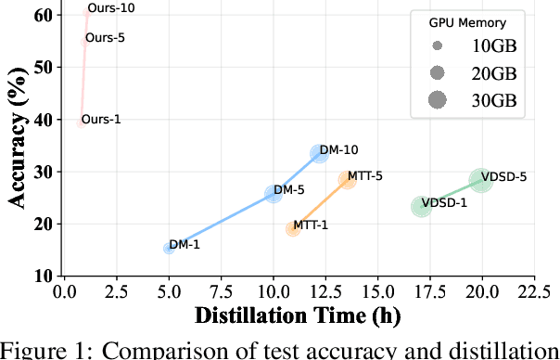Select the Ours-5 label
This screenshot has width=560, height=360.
pos(105,38)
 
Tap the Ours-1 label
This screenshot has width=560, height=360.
pos(100,120)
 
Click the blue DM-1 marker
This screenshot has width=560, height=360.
pos(169,248)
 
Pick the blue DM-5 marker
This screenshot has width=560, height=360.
pos(274,194)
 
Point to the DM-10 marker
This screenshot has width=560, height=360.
pos(320,153)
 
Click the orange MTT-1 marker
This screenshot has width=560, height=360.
pos(293,228)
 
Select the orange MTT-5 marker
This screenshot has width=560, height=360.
pos(347,179)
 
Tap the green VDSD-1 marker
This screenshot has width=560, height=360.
pos(422,206)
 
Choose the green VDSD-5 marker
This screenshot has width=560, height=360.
pos(480,180)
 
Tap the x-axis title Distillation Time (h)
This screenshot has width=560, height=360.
pos(297,315)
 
